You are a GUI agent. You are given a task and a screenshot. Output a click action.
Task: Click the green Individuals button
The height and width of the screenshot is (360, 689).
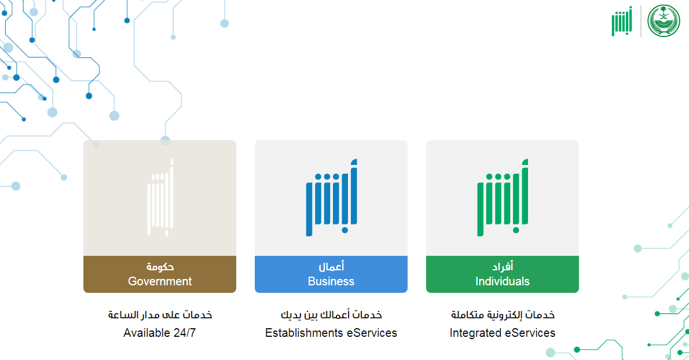tap(502, 274)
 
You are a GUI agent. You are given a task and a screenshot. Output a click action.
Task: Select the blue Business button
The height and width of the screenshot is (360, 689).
tap(331, 274)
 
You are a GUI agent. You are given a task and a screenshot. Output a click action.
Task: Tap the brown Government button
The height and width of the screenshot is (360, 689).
tap(159, 274)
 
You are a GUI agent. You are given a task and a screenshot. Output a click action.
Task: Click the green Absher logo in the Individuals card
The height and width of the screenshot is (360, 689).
tap(503, 197)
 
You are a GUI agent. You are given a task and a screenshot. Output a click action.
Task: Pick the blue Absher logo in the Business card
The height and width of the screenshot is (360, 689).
tap(331, 197)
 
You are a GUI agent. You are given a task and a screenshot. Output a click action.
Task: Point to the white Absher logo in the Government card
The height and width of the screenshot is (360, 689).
tap(160, 197)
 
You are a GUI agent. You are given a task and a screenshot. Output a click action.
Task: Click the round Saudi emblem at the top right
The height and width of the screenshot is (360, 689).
tap(664, 21)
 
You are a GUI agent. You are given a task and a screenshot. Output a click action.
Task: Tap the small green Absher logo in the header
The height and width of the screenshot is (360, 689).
tap(622, 21)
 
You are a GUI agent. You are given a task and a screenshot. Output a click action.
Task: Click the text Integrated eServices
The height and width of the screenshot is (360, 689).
tap(502, 333)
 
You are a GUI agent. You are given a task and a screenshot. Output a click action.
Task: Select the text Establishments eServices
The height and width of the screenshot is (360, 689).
tap(331, 333)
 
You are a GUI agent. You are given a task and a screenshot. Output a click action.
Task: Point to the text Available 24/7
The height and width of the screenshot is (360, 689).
tap(159, 333)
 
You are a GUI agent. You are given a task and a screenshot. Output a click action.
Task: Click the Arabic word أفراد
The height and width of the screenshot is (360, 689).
tap(502, 266)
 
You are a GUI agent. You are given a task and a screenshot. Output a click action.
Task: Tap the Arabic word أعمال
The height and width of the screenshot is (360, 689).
tap(331, 266)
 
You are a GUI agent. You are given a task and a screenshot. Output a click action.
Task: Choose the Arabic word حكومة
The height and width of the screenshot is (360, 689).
tap(160, 266)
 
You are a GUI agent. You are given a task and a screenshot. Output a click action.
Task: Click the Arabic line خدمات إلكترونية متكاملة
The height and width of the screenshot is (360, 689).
tap(503, 315)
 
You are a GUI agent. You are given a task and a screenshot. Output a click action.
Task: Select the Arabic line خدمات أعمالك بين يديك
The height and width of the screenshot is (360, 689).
tap(331, 315)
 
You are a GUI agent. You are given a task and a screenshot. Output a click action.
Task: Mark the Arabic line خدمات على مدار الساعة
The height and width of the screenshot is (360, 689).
tap(160, 315)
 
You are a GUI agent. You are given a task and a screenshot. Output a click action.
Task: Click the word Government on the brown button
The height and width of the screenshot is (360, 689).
tap(160, 281)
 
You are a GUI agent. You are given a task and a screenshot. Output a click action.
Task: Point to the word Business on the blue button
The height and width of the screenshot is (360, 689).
tap(331, 281)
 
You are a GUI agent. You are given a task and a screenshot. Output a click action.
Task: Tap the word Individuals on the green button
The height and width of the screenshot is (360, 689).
tap(502, 281)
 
